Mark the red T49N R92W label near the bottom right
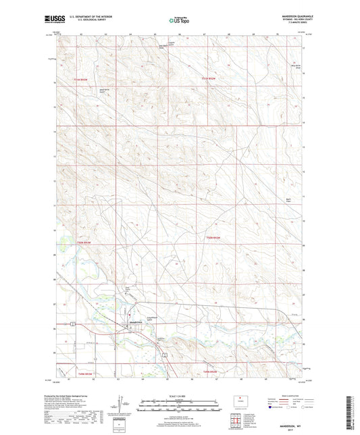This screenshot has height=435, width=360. (211, 372)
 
